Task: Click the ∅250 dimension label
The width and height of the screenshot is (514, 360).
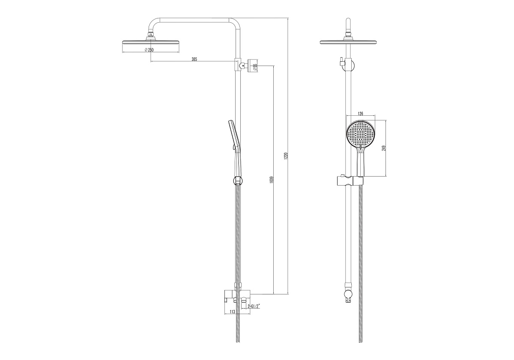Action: [x=149, y=50]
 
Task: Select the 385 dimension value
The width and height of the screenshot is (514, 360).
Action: [x=194, y=59]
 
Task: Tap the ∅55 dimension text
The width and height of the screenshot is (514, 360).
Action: [x=255, y=66]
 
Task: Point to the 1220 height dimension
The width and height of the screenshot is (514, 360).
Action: [x=286, y=156]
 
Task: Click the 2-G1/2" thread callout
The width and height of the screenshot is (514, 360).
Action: [x=254, y=306]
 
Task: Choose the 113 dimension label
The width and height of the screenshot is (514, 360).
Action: [x=232, y=312]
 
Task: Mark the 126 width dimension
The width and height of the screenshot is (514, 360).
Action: [x=360, y=114]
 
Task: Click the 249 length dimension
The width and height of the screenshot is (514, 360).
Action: [x=384, y=148]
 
